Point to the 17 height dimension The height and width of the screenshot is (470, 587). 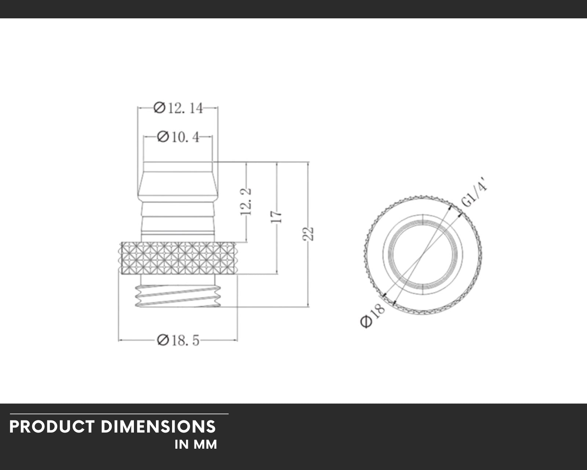[277, 217]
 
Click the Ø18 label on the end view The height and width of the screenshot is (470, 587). [373, 315]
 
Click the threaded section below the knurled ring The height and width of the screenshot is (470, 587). [178, 296]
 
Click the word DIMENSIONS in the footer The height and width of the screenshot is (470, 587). [158, 427]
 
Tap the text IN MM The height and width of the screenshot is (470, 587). [196, 445]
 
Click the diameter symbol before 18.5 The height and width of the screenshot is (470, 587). [163, 340]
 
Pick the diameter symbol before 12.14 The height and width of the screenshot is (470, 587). [159, 108]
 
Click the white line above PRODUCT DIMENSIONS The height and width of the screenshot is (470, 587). [119, 414]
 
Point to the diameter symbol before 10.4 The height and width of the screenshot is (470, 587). [163, 137]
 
